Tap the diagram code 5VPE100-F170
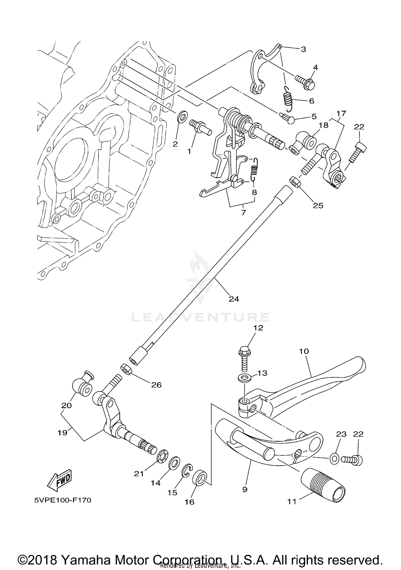point(63,500)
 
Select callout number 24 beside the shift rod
point(234,299)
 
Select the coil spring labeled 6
point(288,99)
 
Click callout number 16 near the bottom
point(189,502)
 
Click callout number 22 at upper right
point(359,127)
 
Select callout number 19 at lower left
point(62,433)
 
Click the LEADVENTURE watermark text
point(200,317)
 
